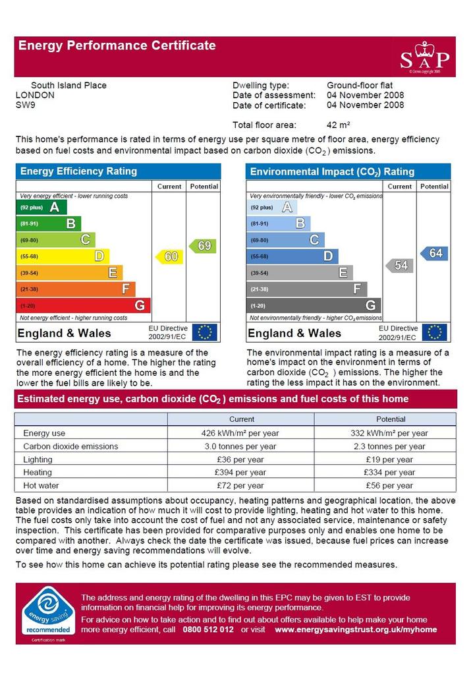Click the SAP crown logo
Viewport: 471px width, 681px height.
[x=424, y=57]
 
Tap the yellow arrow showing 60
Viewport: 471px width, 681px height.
[x=169, y=256]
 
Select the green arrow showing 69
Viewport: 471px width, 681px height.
[x=203, y=246]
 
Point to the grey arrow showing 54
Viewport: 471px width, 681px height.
[x=399, y=266]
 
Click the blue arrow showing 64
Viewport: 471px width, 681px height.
[x=433, y=253]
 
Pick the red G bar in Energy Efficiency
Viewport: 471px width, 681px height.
[x=84, y=305]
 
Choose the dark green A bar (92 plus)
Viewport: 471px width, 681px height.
[x=42, y=207]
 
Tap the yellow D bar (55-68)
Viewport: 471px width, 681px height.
[x=63, y=256]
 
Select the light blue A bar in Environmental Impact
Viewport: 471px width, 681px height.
[x=272, y=207]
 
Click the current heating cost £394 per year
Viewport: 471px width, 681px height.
[x=240, y=473]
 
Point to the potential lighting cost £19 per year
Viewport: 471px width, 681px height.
[x=389, y=459]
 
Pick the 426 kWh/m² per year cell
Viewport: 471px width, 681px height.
[x=240, y=433]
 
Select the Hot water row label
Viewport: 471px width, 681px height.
[x=41, y=486]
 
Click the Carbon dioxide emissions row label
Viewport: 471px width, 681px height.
[x=70, y=446]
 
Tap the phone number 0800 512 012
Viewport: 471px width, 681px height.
[x=208, y=630]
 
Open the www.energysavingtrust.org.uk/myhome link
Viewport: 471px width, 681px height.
[x=356, y=630]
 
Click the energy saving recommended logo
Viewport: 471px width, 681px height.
[x=47, y=612]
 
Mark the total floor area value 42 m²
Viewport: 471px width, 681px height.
[x=338, y=125]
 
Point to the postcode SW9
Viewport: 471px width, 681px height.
[x=26, y=105]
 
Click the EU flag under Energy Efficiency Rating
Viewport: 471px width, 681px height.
[x=204, y=333]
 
